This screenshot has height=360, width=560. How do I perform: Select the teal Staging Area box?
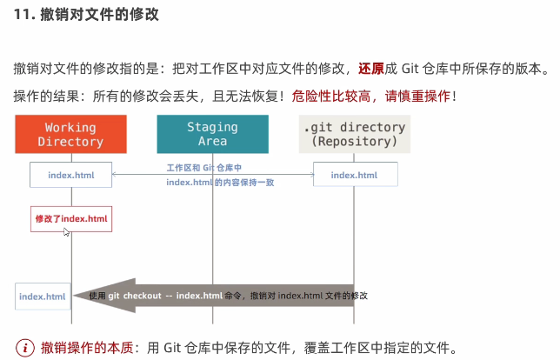coord(212,134)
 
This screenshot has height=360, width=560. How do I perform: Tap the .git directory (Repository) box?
coord(354,134)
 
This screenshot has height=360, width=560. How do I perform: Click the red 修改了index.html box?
coord(71,218)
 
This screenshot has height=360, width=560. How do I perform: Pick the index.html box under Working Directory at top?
coord(71,175)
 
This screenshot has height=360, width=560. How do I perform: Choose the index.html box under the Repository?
coord(356,175)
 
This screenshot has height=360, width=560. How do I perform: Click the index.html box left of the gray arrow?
coord(43,297)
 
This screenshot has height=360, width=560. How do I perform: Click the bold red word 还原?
coord(370,68)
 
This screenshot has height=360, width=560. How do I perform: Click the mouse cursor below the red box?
coord(66,232)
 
